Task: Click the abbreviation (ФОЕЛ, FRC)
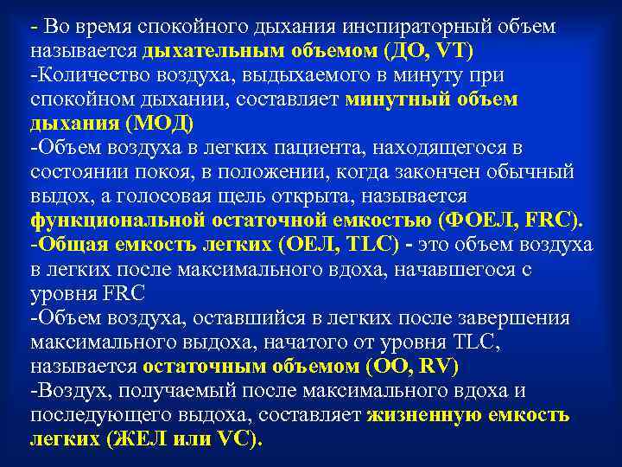click(511, 221)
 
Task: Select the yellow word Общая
click(74, 245)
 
